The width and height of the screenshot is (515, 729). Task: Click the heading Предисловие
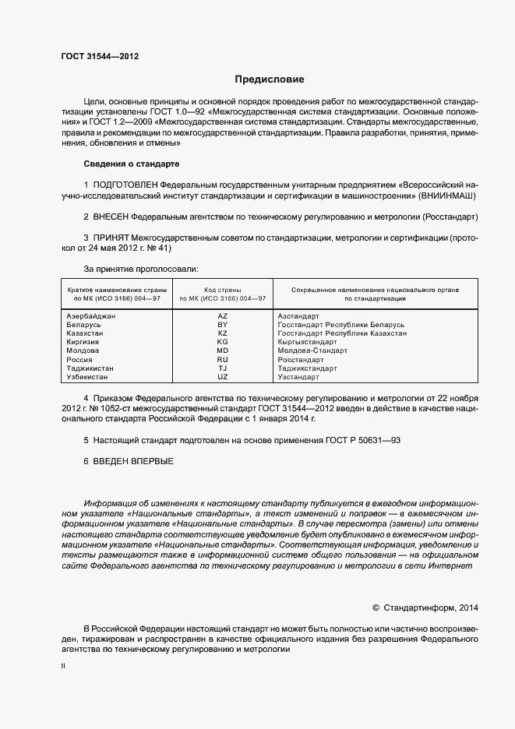pos(270,79)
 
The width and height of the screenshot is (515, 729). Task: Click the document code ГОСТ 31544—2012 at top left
pos(101,55)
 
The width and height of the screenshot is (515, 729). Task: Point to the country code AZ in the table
pos(222,316)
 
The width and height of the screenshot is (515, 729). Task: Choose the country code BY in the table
pos(222,325)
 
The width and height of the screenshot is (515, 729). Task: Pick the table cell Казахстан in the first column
pos(86,333)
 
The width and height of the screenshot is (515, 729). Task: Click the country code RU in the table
pos(222,360)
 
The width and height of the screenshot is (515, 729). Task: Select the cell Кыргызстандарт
pos(307,342)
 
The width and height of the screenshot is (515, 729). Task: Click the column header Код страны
pos(222,289)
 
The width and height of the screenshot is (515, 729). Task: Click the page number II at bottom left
pos(63,667)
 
